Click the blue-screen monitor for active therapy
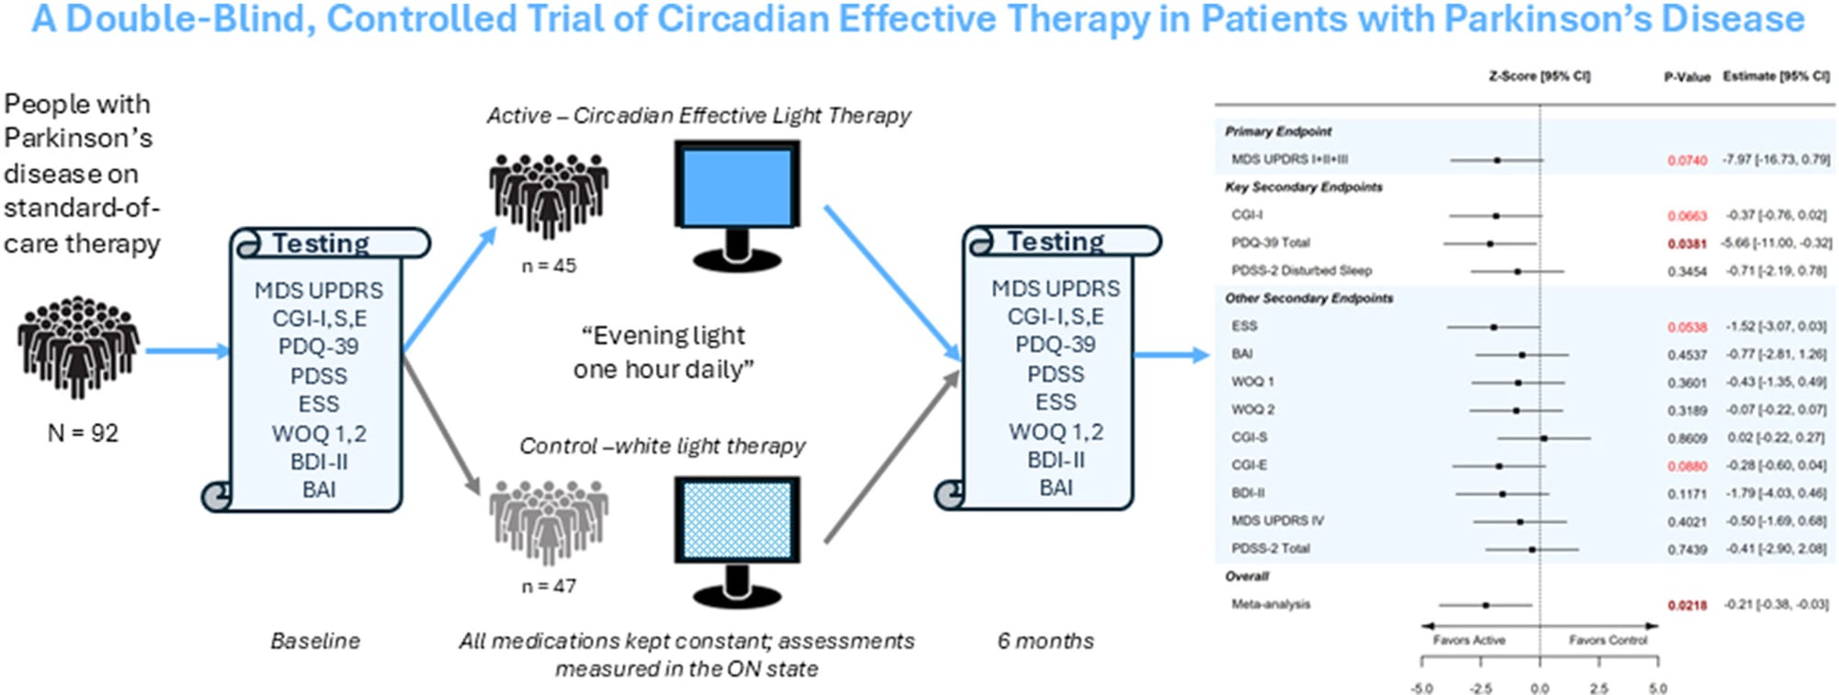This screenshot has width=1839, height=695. tap(736, 198)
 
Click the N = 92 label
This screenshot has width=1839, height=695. tap(83, 433)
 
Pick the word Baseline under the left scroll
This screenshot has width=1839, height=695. tap(314, 641)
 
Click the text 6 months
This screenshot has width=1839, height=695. tap(1045, 641)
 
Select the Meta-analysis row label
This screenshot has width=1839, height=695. tap(1271, 604)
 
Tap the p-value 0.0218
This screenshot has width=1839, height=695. tap(1687, 605)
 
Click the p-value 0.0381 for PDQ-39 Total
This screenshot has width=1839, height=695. tap(1687, 244)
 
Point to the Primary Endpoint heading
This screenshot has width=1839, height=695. tap(1278, 131)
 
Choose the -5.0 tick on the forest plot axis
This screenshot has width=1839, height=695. tap(1422, 687)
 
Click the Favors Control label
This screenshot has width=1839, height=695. tap(1608, 640)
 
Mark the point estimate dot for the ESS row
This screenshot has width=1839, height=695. tap(1493, 326)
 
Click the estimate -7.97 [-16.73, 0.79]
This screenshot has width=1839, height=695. tap(1776, 159)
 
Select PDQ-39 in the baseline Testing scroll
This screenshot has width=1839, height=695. tap(318, 347)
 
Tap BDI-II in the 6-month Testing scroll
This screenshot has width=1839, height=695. tap(1056, 460)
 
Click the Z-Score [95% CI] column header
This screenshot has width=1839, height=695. tap(1539, 76)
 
